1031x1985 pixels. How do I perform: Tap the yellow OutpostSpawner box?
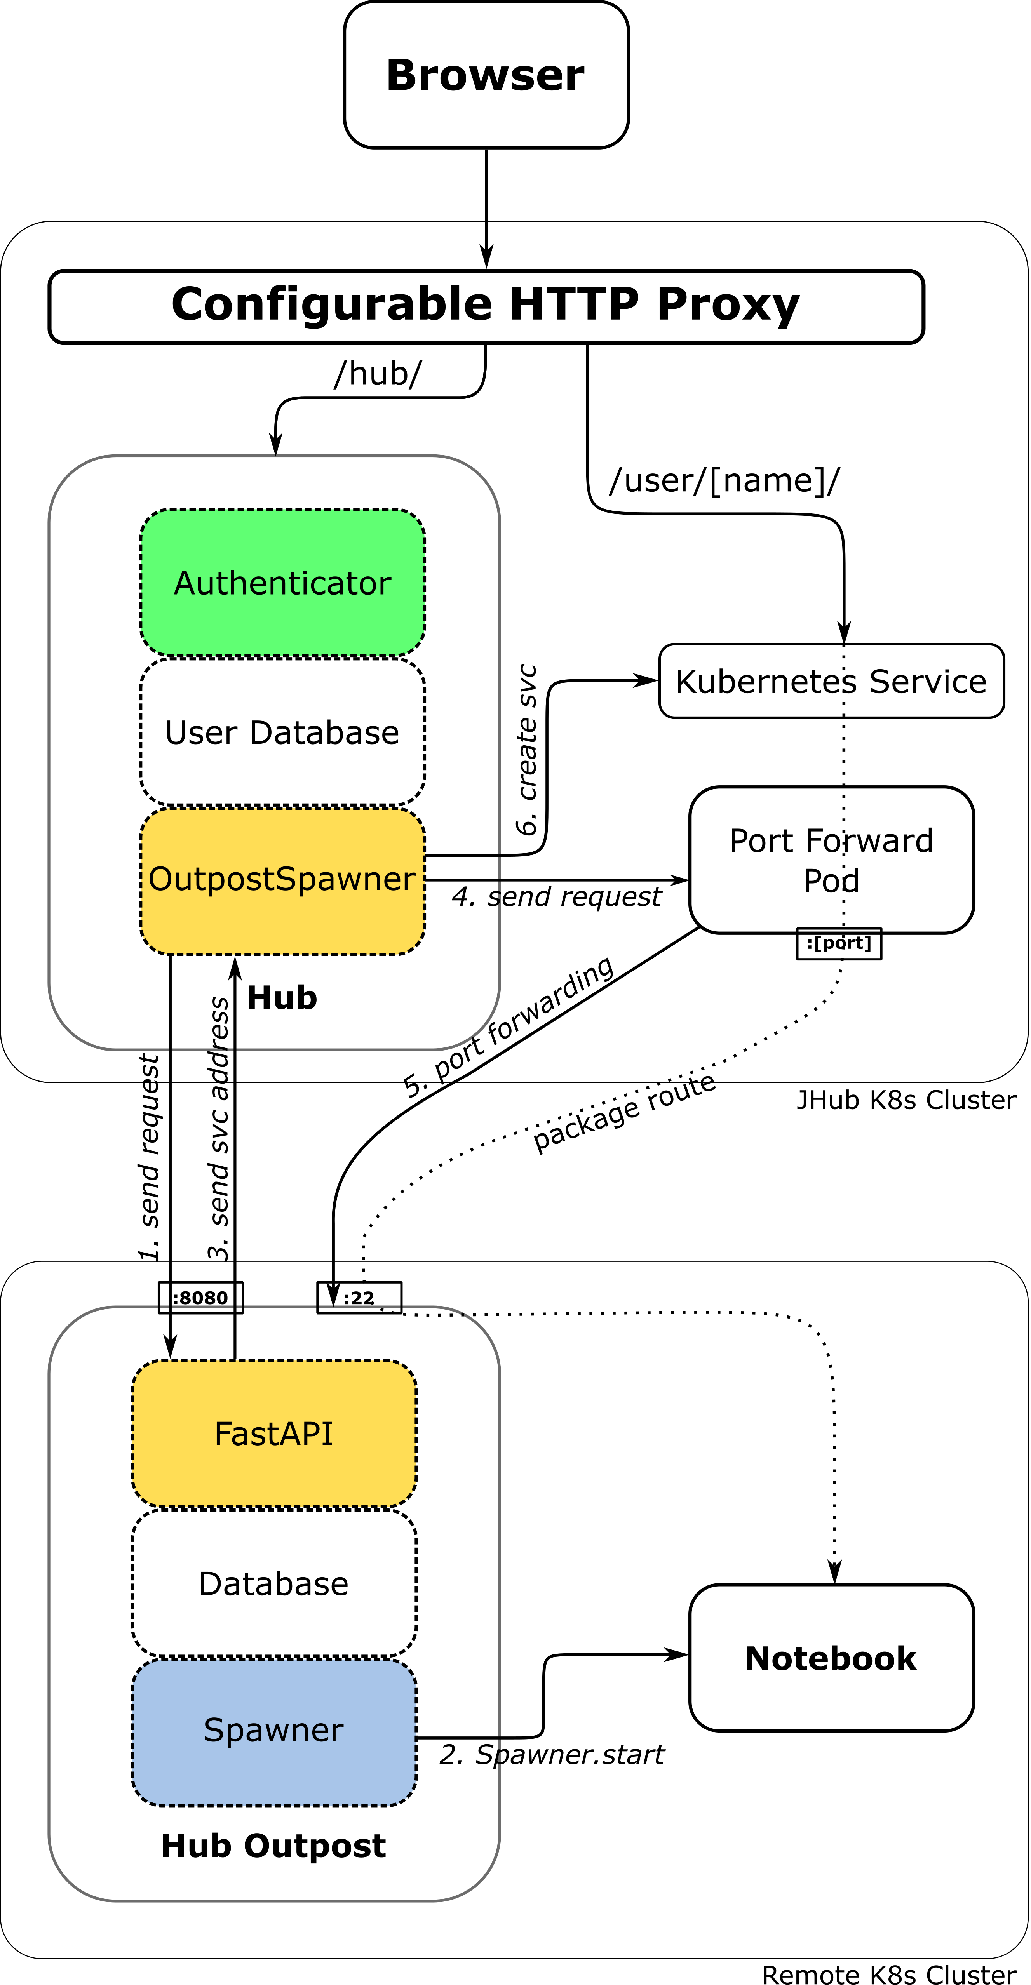[282, 921]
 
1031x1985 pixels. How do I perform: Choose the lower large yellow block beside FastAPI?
[458, 1477]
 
